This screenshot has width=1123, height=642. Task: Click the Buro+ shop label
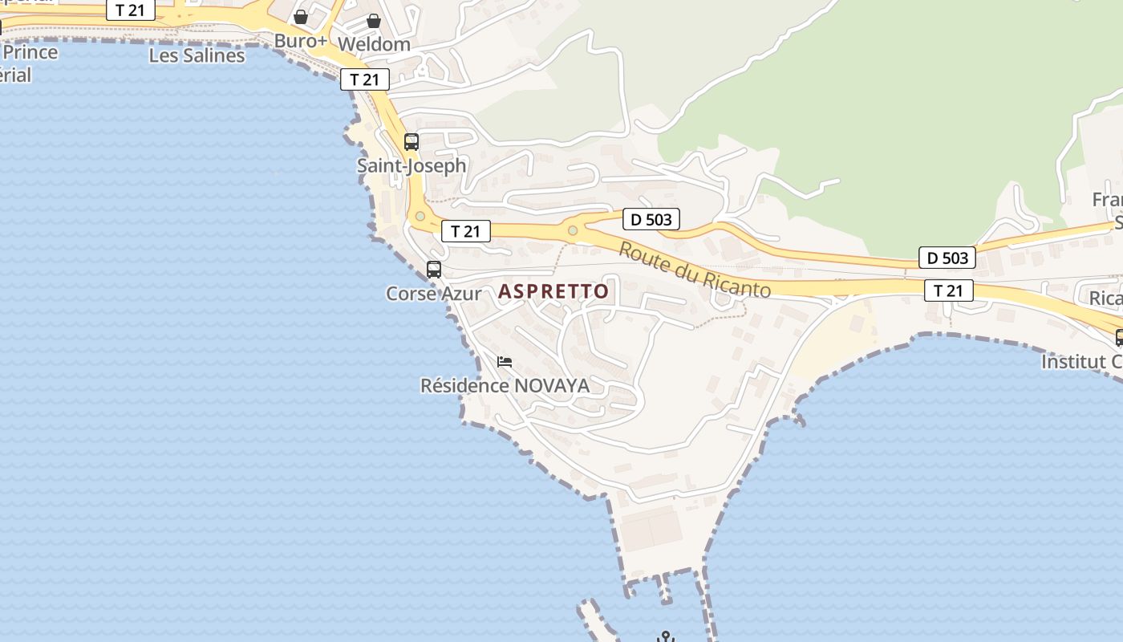(x=301, y=41)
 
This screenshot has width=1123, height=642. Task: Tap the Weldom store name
(x=374, y=44)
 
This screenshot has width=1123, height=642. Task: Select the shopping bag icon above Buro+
(x=301, y=17)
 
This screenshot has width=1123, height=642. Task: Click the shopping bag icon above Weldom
(x=374, y=21)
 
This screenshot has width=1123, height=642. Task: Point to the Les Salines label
(x=197, y=55)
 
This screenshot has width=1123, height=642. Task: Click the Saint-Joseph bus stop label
(x=411, y=166)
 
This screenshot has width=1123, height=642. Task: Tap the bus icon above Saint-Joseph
(x=411, y=142)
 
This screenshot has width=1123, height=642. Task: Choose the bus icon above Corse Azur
(x=434, y=270)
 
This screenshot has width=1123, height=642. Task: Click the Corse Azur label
(x=434, y=294)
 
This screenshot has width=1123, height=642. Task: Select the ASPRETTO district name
(x=553, y=291)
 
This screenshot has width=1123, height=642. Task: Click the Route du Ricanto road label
(x=694, y=270)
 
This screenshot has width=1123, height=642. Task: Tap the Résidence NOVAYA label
(x=505, y=386)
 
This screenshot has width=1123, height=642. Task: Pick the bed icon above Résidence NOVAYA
(x=505, y=362)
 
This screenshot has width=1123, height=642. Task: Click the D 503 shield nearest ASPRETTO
(x=651, y=219)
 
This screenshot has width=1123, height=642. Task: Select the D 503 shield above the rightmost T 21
(x=947, y=258)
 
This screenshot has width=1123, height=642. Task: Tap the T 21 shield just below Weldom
(x=365, y=79)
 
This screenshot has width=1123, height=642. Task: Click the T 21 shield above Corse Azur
(x=465, y=232)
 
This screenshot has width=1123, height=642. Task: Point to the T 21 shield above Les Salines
(x=130, y=10)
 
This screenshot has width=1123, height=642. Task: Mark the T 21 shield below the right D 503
(x=949, y=291)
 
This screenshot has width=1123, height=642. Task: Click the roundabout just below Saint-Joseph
(x=420, y=216)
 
